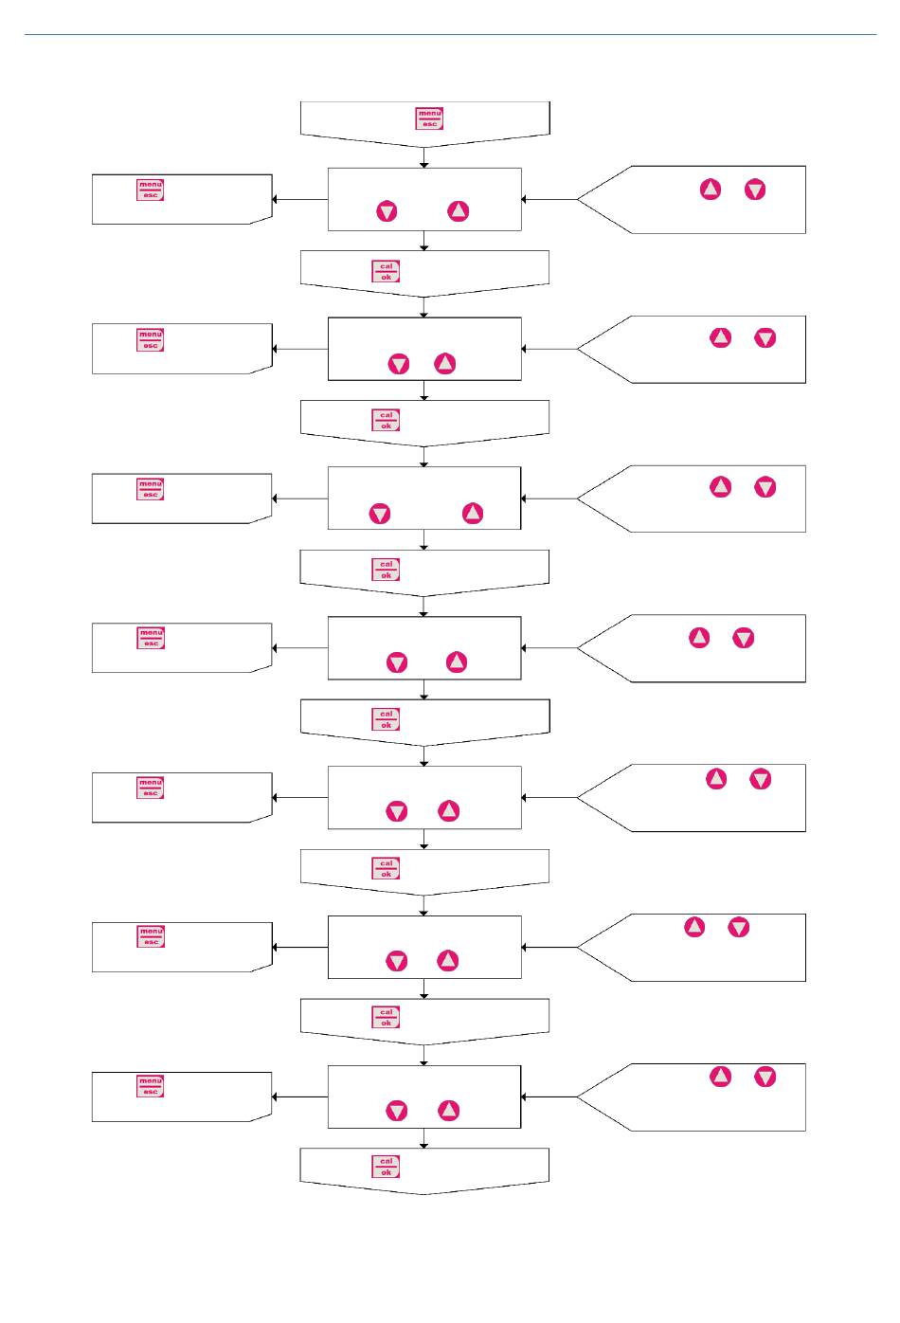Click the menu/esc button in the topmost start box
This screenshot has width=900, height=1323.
(x=429, y=118)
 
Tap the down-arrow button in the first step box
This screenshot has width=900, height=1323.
(x=387, y=211)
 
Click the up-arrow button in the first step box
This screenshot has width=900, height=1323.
(x=459, y=210)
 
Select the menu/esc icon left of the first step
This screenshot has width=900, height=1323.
(x=151, y=190)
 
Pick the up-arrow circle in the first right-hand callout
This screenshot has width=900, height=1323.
(x=711, y=190)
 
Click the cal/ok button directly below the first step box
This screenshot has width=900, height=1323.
(x=386, y=272)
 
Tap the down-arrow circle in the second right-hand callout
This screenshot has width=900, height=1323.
(x=765, y=337)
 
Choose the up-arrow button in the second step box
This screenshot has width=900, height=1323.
(x=445, y=363)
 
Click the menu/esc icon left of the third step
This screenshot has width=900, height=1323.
(x=151, y=489)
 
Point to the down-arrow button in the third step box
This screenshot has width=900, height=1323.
(x=380, y=514)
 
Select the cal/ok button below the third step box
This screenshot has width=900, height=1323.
(x=386, y=570)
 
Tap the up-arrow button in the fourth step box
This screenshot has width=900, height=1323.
(x=457, y=661)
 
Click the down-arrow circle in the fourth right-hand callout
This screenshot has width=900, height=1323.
(x=744, y=638)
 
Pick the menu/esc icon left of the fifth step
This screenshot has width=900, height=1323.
(x=151, y=788)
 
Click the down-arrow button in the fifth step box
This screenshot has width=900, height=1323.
(x=397, y=811)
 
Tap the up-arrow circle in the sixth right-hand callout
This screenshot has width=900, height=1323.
(x=694, y=927)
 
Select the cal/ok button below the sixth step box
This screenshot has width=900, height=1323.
(x=386, y=1017)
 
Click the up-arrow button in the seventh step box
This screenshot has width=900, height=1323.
(x=449, y=1110)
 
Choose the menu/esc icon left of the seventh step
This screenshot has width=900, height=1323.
(x=151, y=1086)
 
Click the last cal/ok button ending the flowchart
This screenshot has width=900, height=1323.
(x=386, y=1167)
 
